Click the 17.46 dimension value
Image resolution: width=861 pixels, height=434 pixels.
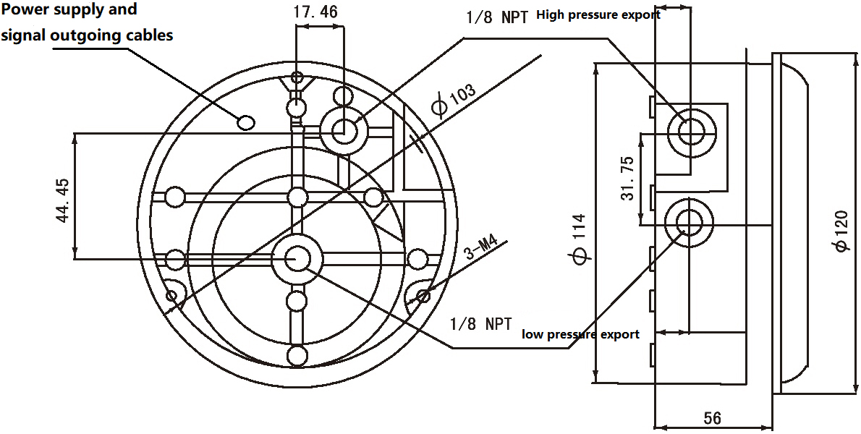point(316,12)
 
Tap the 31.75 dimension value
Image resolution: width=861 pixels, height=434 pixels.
point(627,178)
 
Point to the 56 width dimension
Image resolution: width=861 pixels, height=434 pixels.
point(712,418)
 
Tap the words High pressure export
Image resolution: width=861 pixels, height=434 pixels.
point(598,14)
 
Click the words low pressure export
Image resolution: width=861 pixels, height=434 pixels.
point(580,334)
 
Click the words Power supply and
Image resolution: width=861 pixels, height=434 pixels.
point(69,10)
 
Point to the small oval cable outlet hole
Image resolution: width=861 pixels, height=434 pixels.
point(247,122)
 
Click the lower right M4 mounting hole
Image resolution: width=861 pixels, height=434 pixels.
point(423,294)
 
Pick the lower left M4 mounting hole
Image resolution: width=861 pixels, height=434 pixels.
point(172,294)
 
